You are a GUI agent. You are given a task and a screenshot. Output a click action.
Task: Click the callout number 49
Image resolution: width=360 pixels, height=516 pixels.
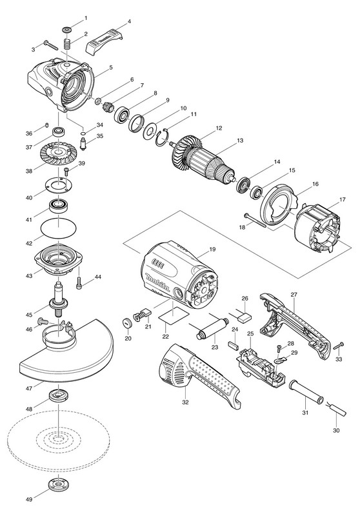(29, 499)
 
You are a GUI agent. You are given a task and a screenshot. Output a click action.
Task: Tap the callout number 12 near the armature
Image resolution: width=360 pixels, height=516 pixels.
(219, 128)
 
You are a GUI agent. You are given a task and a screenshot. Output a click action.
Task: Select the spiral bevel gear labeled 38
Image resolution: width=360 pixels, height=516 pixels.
(58, 153)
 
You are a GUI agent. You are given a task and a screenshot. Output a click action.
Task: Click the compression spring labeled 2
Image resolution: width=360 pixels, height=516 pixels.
(67, 44)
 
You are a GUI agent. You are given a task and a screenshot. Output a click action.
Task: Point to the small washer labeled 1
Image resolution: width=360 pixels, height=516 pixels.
(67, 30)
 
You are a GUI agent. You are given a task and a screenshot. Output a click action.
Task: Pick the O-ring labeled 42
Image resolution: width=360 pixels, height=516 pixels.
(59, 228)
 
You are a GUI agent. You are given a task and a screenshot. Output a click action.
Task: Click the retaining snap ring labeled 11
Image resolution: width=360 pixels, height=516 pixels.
(163, 137)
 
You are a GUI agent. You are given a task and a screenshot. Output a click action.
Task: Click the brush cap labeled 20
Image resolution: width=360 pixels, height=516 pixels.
(127, 323)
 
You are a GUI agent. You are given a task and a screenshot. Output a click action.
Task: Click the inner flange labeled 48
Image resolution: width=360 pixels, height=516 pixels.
(58, 395)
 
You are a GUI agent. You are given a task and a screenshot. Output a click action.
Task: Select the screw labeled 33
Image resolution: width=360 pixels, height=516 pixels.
(339, 346)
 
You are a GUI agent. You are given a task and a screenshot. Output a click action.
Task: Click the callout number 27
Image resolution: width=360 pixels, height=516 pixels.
(294, 295)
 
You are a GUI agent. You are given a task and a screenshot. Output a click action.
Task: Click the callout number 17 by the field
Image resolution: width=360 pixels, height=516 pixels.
(342, 199)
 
